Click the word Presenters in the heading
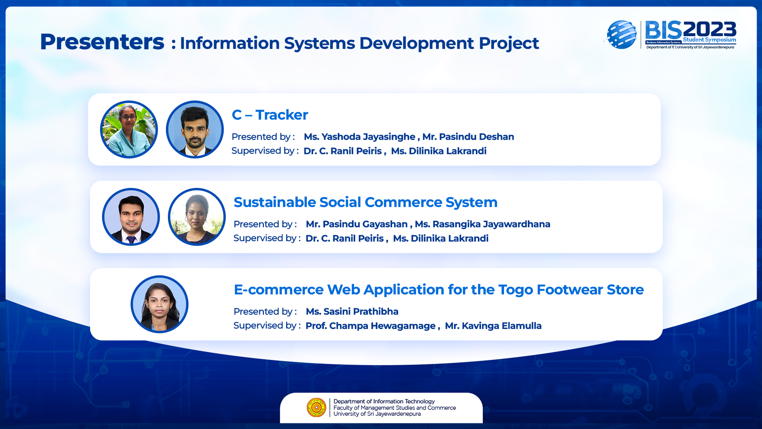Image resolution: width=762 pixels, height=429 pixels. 102,42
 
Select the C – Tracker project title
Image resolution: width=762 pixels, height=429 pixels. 270,115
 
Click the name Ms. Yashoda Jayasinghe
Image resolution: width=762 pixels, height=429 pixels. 360,137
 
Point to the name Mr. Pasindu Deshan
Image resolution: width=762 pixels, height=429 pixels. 468,137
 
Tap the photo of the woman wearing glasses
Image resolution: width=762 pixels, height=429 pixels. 129,129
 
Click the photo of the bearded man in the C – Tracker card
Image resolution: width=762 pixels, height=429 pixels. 195,129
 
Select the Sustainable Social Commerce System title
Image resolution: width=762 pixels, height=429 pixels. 366,202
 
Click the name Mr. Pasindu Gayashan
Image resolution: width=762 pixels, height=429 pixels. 357,224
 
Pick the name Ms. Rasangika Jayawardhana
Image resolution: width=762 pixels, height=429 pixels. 483,224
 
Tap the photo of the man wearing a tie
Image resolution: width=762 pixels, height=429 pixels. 131,217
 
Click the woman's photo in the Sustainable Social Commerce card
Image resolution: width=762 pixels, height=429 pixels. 197,217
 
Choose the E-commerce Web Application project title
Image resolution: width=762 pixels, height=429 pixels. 439,290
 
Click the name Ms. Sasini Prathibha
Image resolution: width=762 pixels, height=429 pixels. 352,311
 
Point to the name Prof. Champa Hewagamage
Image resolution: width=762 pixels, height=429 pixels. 371,326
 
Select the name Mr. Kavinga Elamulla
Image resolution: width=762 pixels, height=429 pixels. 493,326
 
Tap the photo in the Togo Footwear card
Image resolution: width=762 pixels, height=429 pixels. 160,304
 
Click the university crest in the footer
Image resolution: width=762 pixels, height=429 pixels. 316,408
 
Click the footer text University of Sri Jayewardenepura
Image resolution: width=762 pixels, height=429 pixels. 377,414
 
